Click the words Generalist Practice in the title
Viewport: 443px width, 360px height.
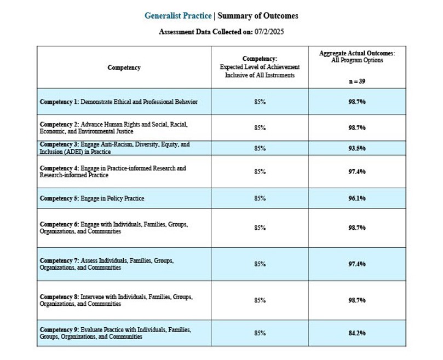(x=177, y=15)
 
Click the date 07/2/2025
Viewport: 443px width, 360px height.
(x=269, y=32)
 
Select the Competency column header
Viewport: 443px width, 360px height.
(x=124, y=68)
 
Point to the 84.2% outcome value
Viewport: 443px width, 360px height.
(x=357, y=333)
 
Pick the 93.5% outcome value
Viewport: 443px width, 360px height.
(x=357, y=148)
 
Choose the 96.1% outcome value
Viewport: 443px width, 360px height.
(x=357, y=198)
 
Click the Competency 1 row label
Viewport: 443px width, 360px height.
(x=119, y=102)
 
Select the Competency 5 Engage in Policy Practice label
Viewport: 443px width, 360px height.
(x=92, y=198)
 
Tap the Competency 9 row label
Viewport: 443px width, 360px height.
(x=116, y=333)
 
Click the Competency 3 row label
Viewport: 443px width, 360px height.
(x=114, y=148)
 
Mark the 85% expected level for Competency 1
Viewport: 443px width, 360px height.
(x=260, y=102)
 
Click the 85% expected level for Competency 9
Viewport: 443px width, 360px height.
(x=260, y=333)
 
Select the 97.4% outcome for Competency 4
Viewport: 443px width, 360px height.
(x=357, y=172)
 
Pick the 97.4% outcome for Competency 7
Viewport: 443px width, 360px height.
(x=357, y=264)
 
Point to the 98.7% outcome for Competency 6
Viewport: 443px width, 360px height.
(x=357, y=228)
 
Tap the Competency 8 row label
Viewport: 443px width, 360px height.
(x=116, y=300)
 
